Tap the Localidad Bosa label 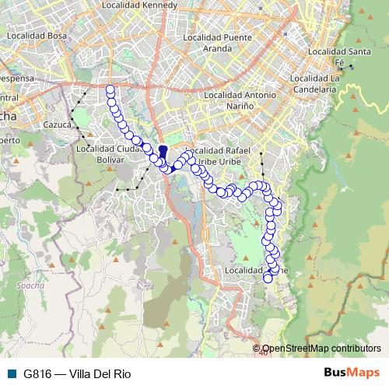click(x=36, y=35)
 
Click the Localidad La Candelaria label click(x=314, y=84)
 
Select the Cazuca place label click(x=58, y=124)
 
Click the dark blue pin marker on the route click(x=163, y=152)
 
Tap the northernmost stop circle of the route click(x=110, y=90)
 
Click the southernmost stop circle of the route click(x=268, y=278)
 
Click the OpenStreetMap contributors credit click(x=321, y=349)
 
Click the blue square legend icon click(x=10, y=373)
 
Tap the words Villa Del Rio click(x=100, y=373)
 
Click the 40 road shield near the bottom click(x=264, y=352)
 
